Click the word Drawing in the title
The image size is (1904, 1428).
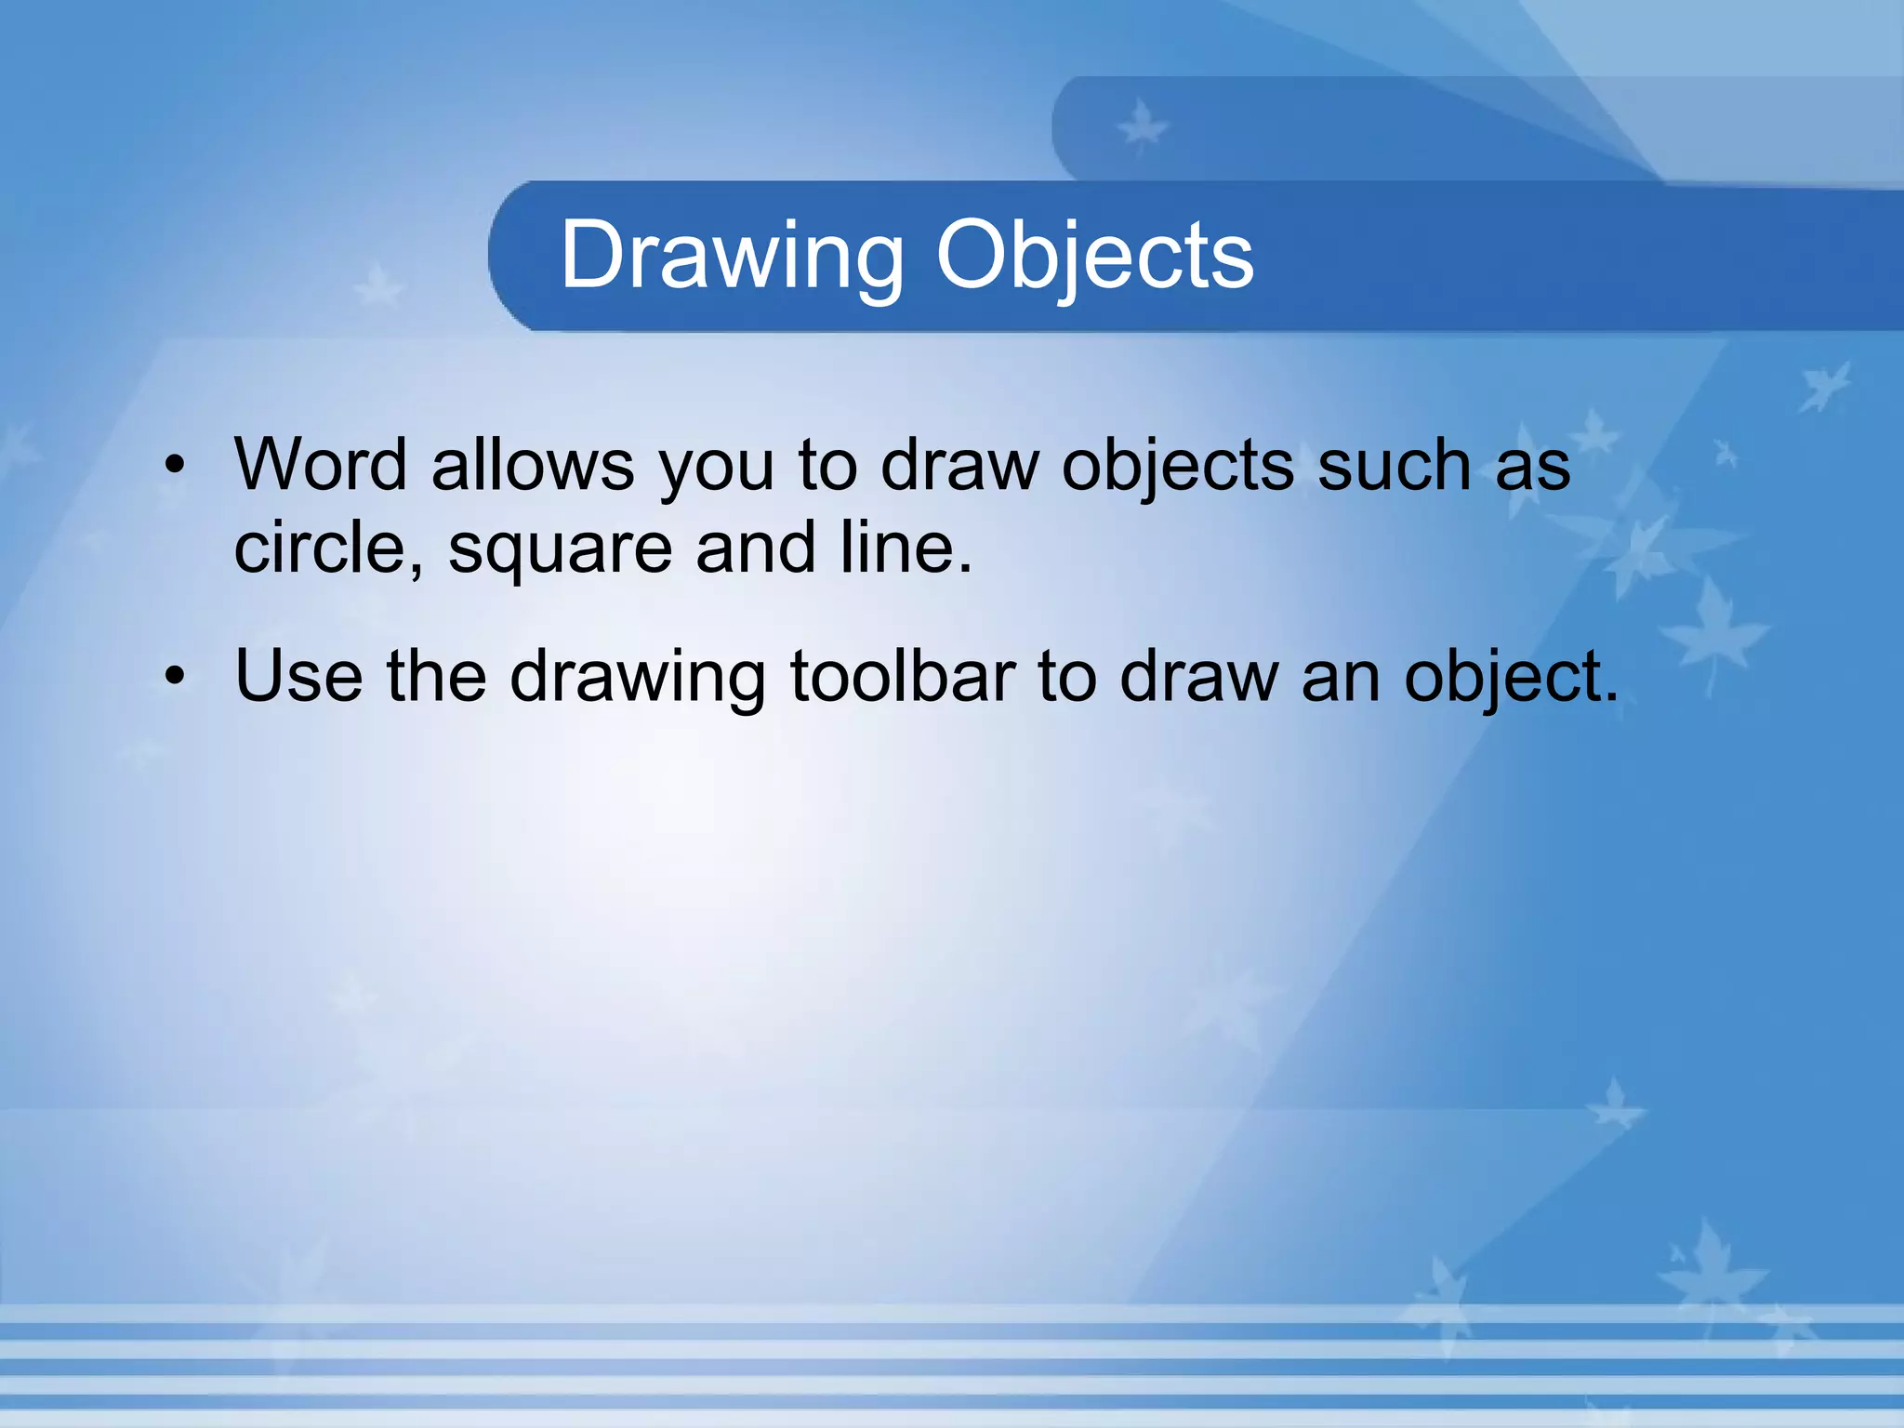pyautogui.click(x=732, y=256)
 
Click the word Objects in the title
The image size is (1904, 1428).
pyautogui.click(x=1094, y=256)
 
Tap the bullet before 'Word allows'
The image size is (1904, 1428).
pyautogui.click(x=175, y=465)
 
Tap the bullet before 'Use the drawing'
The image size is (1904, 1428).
pyautogui.click(x=175, y=676)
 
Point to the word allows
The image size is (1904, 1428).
pyautogui.click(x=533, y=465)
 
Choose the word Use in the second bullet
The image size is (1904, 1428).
pyautogui.click(x=298, y=676)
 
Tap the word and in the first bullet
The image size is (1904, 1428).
pyautogui.click(x=755, y=548)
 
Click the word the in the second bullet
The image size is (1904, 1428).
pyautogui.click(x=436, y=676)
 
